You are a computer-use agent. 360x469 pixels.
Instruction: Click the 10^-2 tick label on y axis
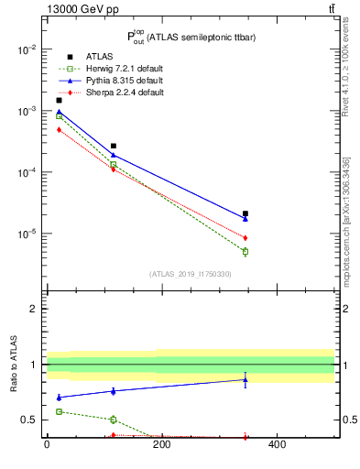[x=27, y=49]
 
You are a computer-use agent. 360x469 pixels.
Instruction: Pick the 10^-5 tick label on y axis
[x=27, y=234]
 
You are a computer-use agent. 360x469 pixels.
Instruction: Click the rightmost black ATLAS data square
[x=245, y=213]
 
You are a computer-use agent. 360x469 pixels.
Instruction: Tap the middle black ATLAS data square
[x=114, y=146]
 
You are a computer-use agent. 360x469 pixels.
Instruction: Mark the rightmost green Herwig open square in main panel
[x=245, y=251]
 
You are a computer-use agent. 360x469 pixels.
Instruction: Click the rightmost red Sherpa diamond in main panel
[x=245, y=238]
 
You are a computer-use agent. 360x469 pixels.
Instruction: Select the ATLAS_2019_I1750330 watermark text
[x=190, y=274]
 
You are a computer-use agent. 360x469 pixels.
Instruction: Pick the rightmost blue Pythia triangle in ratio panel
[x=245, y=379]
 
